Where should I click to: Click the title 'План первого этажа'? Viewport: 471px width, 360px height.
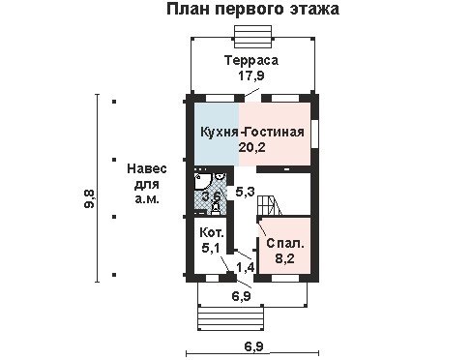tap(252, 9)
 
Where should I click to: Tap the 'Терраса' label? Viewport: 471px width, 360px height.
tap(251, 61)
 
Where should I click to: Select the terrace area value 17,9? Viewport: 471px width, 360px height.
tap(251, 75)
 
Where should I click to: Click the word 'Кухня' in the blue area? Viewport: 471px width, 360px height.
tap(220, 133)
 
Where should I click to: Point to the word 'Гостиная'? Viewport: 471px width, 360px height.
tap(274, 133)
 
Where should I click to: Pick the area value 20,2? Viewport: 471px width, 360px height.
tap(251, 147)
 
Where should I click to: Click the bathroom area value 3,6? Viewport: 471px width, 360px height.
tap(211, 195)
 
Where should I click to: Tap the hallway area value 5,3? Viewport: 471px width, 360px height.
tap(245, 192)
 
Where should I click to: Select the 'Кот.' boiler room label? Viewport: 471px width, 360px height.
tap(211, 232)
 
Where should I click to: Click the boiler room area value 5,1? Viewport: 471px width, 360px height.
tap(211, 248)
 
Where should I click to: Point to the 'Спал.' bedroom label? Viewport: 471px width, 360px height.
tap(285, 244)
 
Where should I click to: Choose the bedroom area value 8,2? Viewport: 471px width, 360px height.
tap(284, 258)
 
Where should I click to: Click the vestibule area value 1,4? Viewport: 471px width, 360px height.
tap(246, 267)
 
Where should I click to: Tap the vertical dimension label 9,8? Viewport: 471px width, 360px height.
tap(89, 198)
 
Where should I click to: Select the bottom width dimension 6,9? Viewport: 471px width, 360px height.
tap(253, 347)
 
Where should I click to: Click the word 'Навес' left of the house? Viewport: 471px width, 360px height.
tap(147, 168)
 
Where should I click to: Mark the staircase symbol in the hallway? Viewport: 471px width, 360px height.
tap(270, 205)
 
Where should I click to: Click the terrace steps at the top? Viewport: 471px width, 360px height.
tap(253, 36)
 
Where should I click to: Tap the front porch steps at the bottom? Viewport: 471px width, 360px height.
tap(230, 318)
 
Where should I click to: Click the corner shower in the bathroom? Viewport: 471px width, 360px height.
tap(202, 182)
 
